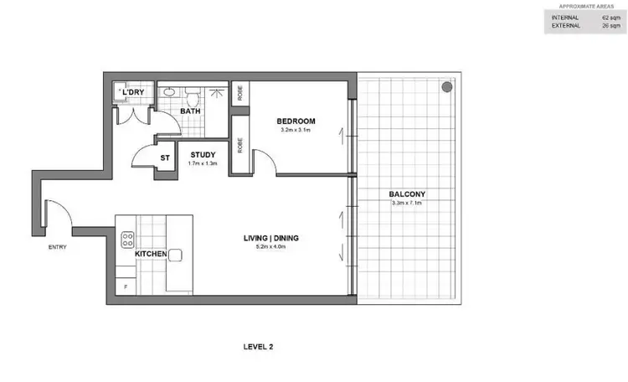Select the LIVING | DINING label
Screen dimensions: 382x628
271,238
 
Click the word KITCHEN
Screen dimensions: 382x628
148,254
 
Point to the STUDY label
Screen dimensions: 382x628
204,154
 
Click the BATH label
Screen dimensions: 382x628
190,111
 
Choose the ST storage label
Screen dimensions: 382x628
165,157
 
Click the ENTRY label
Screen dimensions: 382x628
58,247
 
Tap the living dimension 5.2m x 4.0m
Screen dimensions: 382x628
271,247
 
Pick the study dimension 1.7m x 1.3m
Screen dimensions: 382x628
203,163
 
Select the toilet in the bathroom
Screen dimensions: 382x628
191,91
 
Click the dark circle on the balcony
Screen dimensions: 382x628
446,86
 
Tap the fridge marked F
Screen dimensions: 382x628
126,287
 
